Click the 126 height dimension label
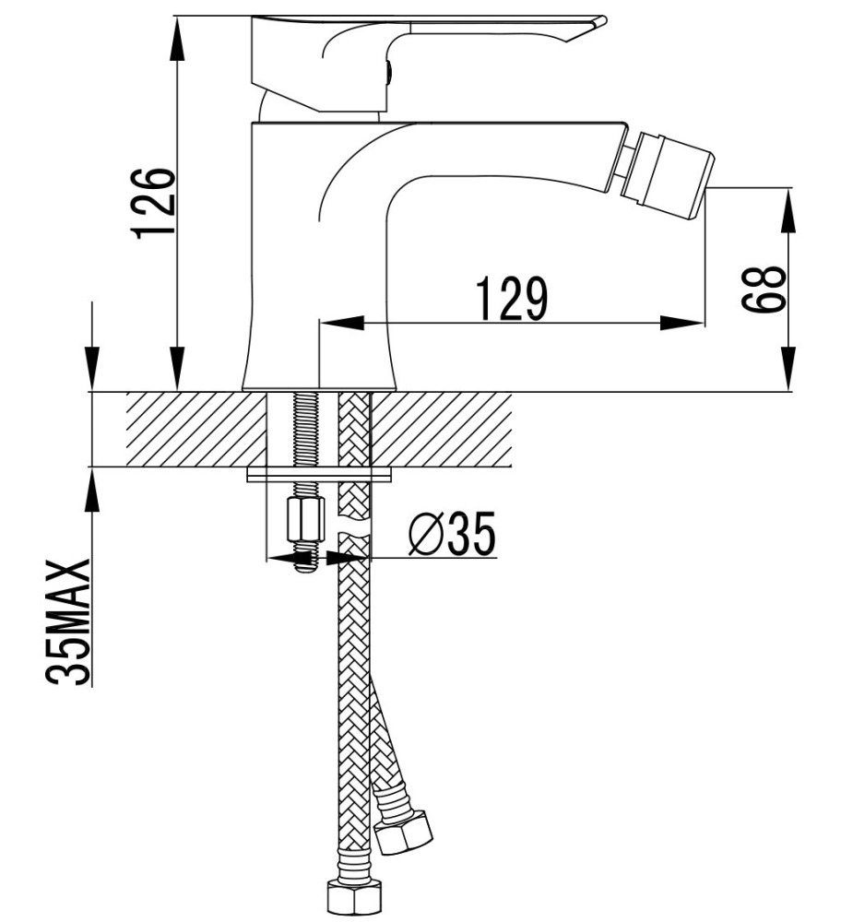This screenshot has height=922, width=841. pyautogui.click(x=153, y=203)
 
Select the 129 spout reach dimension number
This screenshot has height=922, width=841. pyautogui.click(x=512, y=298)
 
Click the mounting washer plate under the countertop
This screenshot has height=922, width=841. pyautogui.click(x=319, y=476)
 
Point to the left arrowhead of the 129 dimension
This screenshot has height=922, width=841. pyautogui.click(x=338, y=323)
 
